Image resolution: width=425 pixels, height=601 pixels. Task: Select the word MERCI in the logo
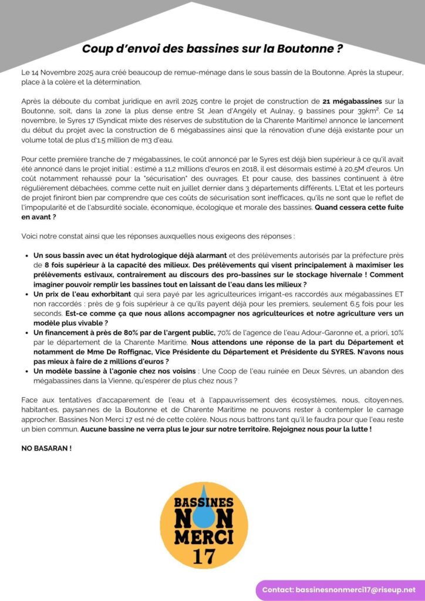click(x=204, y=535)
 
